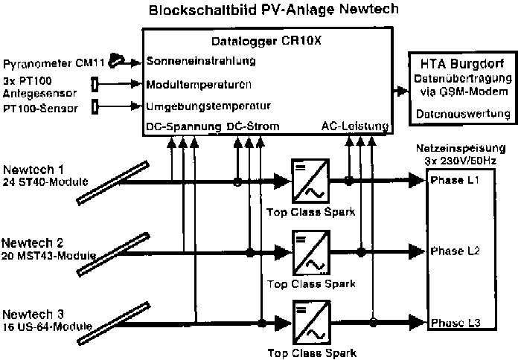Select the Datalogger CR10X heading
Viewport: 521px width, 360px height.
point(266,42)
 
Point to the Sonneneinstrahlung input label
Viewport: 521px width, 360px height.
point(201,61)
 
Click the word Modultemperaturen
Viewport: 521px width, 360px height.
point(199,84)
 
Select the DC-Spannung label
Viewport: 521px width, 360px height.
point(183,126)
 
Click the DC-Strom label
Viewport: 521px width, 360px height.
point(252,126)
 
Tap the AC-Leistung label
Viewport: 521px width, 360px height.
point(354,126)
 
